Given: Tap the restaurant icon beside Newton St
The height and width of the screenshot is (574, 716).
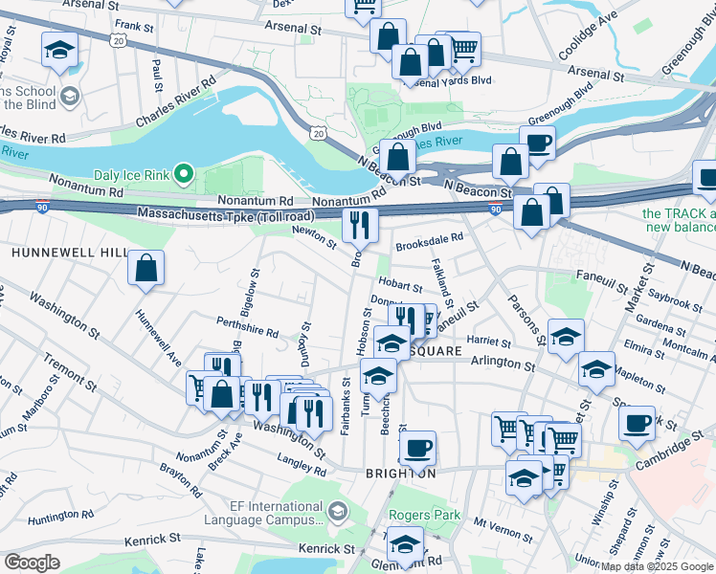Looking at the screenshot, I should tap(360, 225).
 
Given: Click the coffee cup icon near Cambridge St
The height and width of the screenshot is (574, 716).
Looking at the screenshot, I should tap(637, 423).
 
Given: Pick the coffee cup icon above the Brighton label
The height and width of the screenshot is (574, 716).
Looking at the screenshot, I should tap(416, 447).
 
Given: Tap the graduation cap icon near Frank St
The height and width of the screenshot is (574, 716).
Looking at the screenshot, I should tap(59, 50).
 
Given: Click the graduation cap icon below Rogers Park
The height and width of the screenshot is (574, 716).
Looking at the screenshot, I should tap(405, 545).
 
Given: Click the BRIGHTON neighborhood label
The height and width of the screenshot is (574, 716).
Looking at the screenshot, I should tap(400, 474).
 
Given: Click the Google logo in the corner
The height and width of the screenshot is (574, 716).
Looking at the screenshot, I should tap(33, 563).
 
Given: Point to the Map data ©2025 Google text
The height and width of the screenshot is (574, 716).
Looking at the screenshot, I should tap(657, 566).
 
